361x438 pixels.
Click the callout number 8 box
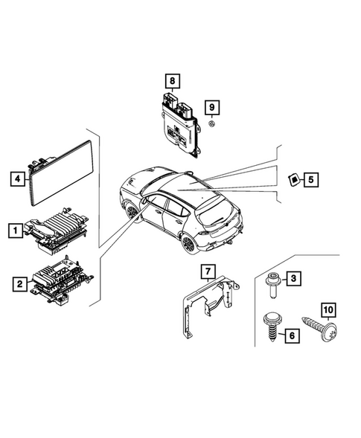click(172, 80)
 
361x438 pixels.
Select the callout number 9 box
click(211, 107)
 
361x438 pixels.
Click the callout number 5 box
click(311, 178)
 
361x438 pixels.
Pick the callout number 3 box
click(294, 279)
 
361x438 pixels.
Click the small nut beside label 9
click(211, 126)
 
